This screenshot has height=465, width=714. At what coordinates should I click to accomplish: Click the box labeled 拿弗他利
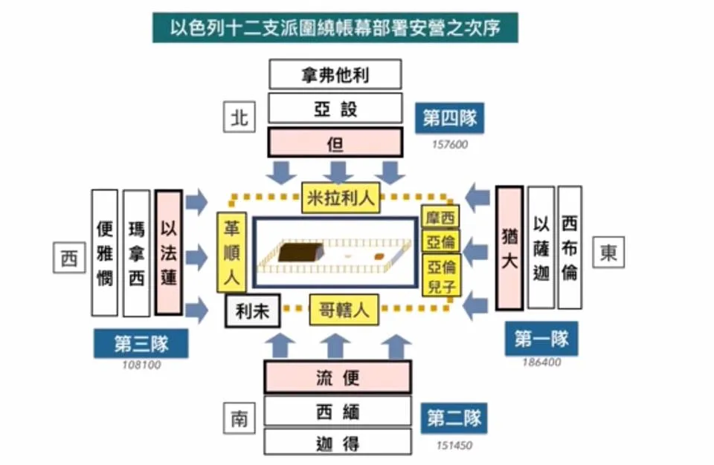tap(335, 75)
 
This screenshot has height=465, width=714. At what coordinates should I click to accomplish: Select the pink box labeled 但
tap(335, 141)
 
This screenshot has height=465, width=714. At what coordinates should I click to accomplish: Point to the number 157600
tap(450, 145)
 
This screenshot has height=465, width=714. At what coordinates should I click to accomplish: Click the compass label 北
tap(239, 117)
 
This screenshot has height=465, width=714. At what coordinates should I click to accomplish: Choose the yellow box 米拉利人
tap(341, 197)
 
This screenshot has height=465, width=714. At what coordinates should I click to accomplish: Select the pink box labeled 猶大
tap(509, 247)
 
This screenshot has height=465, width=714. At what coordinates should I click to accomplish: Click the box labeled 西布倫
tap(570, 247)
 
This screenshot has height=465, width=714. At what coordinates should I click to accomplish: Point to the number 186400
tap(541, 363)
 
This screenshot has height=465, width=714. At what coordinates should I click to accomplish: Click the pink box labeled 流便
tap(338, 377)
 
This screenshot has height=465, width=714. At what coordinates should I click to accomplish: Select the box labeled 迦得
tap(338, 443)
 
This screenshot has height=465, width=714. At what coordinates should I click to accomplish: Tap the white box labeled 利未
tap(252, 311)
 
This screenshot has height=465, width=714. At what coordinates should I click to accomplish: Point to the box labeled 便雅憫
tap(105, 253)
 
